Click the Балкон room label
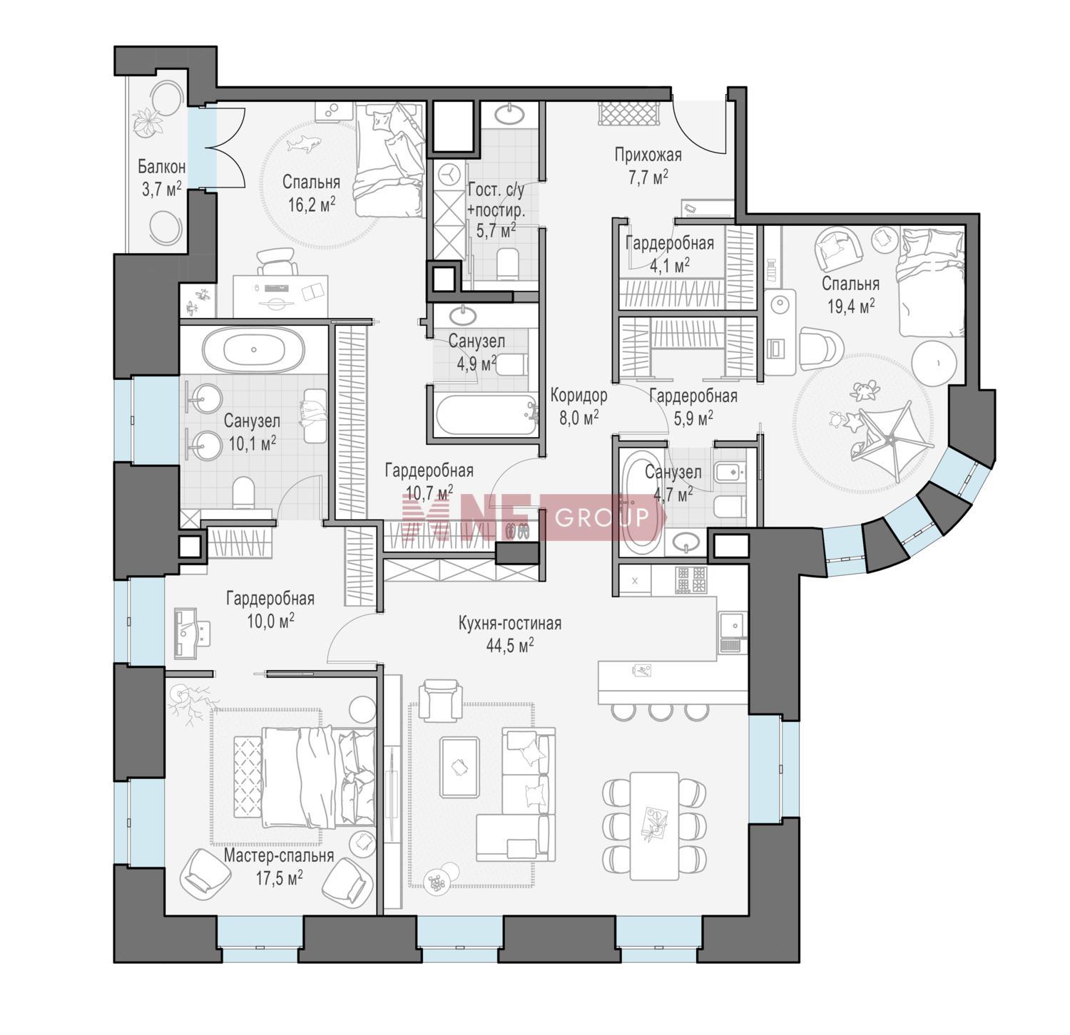162,167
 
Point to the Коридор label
579,395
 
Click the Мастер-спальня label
279,855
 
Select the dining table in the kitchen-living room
654,825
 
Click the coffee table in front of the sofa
459,767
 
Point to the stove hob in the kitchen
691,580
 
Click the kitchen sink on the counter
733,625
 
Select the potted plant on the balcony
148,121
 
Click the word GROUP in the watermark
602,516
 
